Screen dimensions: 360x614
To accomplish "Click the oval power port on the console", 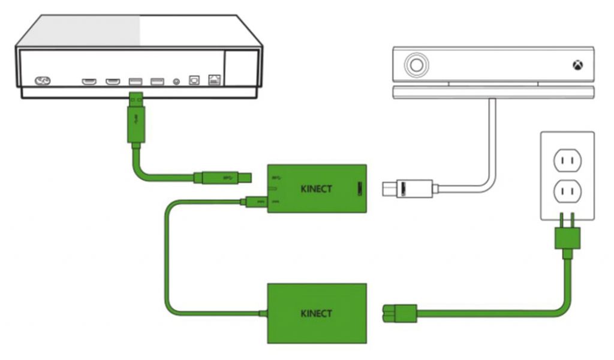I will (x=43, y=81).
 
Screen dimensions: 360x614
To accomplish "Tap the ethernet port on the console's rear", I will (x=213, y=80).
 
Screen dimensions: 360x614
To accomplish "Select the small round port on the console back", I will (x=176, y=81).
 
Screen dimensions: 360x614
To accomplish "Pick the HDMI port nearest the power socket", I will (x=89, y=81).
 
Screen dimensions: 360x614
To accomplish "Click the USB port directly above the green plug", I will (x=134, y=81).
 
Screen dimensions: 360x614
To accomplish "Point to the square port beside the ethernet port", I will (x=194, y=80).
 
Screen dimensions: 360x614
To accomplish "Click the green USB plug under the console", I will (x=136, y=121).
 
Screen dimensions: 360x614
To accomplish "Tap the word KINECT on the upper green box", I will (x=316, y=189).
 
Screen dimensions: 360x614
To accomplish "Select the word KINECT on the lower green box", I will (x=316, y=313).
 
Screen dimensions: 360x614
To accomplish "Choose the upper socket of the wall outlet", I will (x=567, y=160).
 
